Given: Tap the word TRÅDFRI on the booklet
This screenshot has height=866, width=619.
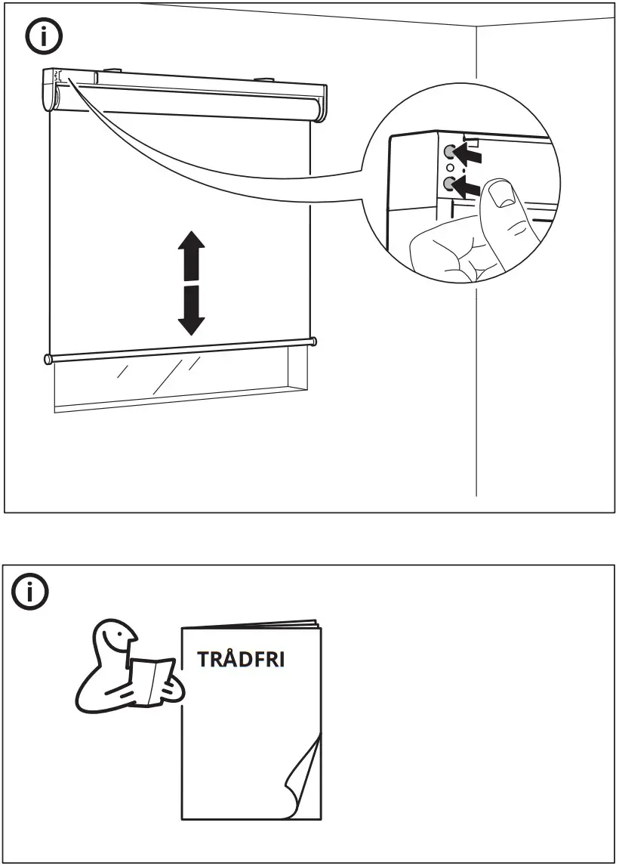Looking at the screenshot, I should pos(241,659).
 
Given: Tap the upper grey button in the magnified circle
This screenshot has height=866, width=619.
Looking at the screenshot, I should pos(450,150).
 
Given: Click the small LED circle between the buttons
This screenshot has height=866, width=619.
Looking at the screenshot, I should pos(450,167).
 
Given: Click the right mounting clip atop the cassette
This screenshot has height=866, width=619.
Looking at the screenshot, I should pos(265,79).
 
